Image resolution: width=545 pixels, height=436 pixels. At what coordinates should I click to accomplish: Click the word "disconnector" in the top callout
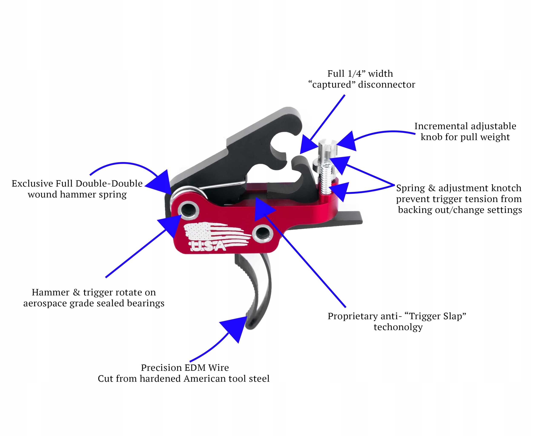click(x=387, y=85)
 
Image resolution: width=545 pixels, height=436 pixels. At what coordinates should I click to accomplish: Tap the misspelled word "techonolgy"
click(x=398, y=327)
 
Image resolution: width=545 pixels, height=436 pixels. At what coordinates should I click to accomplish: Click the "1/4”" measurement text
click(x=357, y=73)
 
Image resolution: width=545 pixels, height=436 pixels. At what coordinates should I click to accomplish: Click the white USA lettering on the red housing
click(x=208, y=246)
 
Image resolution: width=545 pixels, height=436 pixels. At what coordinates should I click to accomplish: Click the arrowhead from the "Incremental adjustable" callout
click(x=347, y=142)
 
